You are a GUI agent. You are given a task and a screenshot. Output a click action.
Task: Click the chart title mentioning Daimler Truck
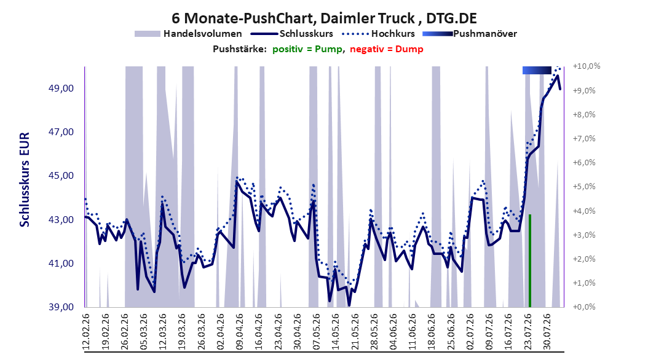[x=324, y=18]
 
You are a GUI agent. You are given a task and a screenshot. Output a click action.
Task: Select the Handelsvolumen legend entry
[x=188, y=34]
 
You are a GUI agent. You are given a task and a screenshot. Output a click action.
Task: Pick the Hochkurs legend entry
[x=377, y=34]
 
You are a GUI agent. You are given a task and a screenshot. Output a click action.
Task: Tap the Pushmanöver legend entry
[x=470, y=34]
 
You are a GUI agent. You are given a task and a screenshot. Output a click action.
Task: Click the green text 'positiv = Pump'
[x=307, y=49]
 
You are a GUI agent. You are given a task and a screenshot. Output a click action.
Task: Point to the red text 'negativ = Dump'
[x=387, y=49]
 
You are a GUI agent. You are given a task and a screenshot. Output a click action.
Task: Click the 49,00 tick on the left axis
[x=61, y=88]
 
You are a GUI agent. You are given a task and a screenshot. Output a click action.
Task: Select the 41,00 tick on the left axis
[x=61, y=264]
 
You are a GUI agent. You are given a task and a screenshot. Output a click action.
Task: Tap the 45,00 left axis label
[x=61, y=176]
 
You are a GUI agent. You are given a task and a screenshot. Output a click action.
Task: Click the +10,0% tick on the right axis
[x=586, y=66]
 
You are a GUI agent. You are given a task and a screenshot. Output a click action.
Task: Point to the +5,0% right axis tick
[x=584, y=187]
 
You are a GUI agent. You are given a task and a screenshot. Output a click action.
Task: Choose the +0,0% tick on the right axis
[x=584, y=307]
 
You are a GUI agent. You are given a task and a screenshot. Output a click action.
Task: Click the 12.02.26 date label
[x=86, y=332]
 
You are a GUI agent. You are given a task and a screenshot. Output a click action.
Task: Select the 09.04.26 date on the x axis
[x=240, y=332]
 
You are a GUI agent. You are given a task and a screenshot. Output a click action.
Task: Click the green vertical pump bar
[x=530, y=261]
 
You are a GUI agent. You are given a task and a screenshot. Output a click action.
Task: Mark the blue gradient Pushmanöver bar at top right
[x=537, y=70]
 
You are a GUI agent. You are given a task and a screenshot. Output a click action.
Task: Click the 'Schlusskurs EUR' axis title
[x=25, y=179]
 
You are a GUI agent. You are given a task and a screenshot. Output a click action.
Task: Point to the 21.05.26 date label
[x=355, y=332]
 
